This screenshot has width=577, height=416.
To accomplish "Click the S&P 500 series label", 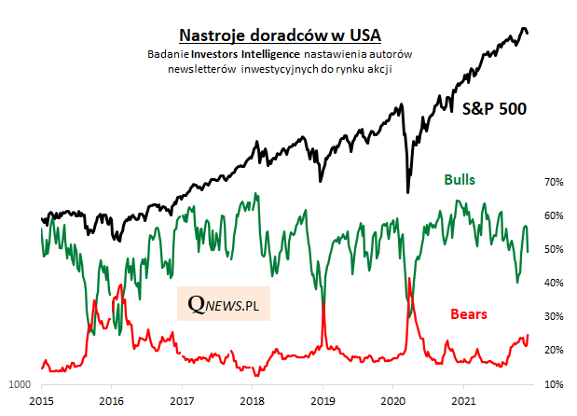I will point(495,108).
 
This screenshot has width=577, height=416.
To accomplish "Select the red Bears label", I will point(468,313).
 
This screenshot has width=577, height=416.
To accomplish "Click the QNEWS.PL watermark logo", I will point(224,304).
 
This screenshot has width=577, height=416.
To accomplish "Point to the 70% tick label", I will point(554,182).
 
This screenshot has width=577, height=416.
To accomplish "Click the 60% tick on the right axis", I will point(554,215).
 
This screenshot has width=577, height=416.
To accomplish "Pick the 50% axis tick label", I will point(554,249).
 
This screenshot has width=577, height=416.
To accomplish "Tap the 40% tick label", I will point(554,283).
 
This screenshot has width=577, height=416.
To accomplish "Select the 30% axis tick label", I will point(554,316).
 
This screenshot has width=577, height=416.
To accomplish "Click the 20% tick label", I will point(554,350).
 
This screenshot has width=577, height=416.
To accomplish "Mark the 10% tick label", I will point(554,383).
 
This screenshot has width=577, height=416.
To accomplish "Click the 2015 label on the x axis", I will point(40,400).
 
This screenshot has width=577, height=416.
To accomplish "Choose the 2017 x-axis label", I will point(181,400).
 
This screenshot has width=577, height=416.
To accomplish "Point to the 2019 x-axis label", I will point(323,400).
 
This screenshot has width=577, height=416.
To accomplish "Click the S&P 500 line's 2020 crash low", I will point(408,191).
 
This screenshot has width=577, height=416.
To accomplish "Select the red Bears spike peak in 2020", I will point(410,279).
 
